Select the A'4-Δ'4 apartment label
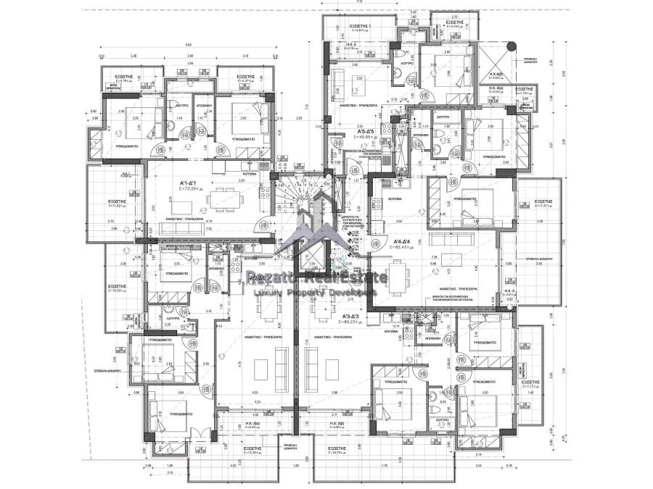pos(403,242)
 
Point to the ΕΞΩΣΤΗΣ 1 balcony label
pos(358,28)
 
